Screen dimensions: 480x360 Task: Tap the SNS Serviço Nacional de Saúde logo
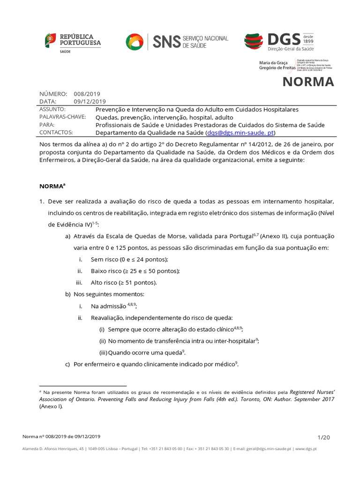pos(177,41)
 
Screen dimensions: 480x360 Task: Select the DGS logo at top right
pos(279,41)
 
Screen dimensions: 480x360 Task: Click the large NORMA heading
pos(308,82)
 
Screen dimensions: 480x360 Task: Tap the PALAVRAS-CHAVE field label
pos(63,117)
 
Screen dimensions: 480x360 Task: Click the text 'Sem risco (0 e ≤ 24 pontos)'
pos(129,259)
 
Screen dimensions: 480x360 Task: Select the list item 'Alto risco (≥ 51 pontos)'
pos(124,283)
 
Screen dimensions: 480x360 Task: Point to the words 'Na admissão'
pos(109,306)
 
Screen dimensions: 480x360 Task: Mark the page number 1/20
pos(324,437)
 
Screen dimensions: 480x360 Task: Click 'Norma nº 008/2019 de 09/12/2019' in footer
pos(61,437)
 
